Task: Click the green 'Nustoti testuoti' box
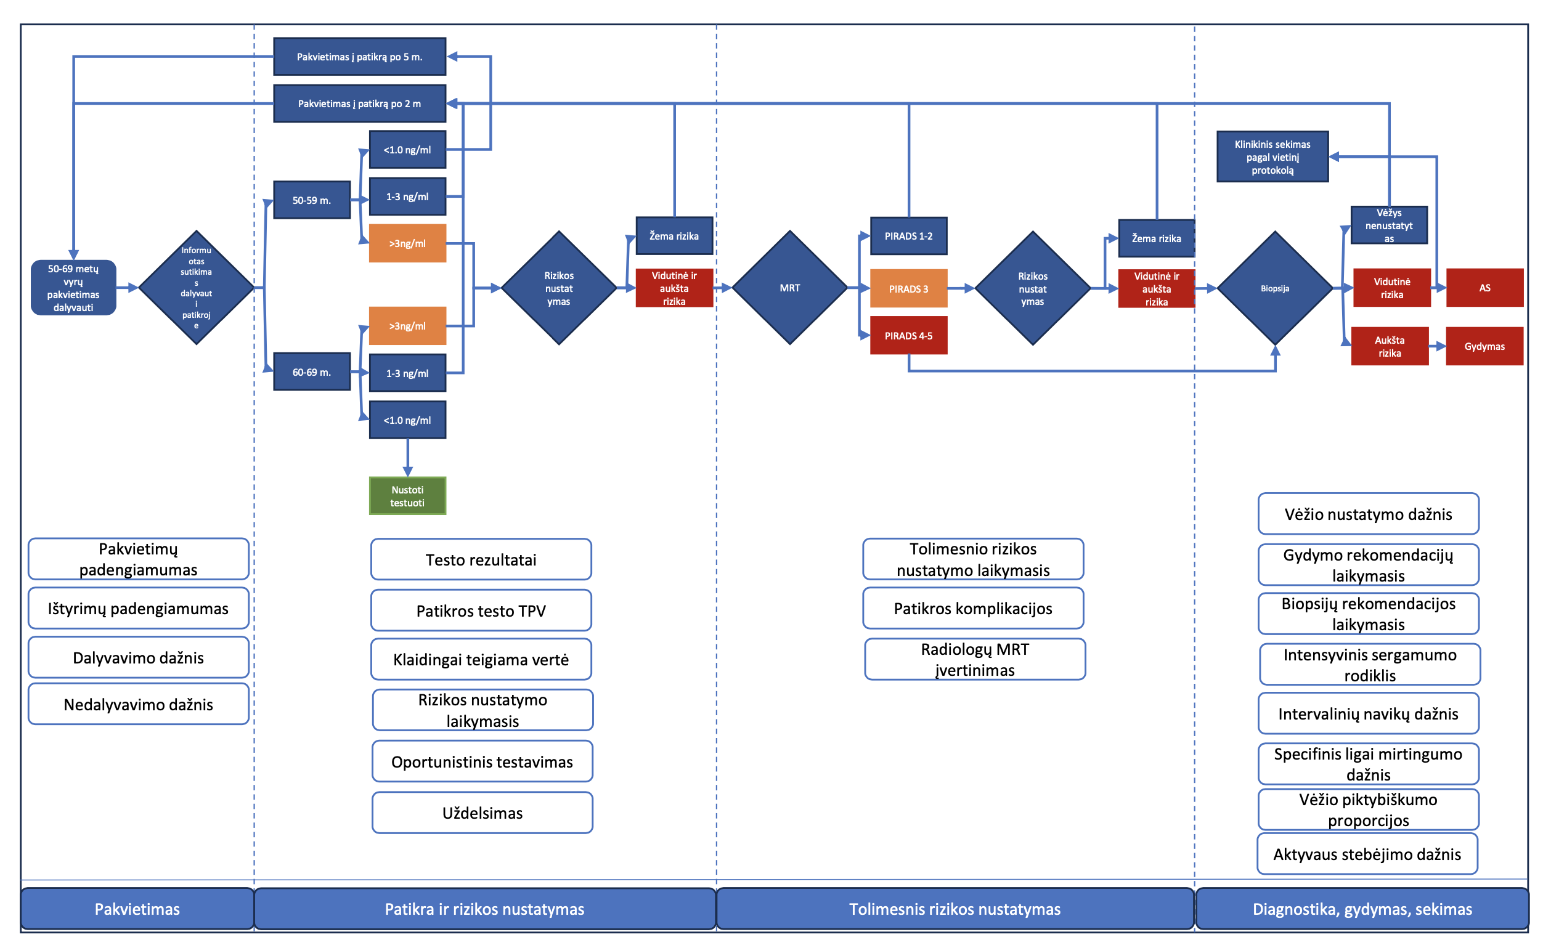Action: pyautogui.click(x=407, y=496)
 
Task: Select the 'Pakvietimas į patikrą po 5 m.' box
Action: pyautogui.click(x=359, y=56)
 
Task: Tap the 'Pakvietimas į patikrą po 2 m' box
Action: pyautogui.click(x=359, y=103)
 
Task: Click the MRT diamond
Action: pyautogui.click(x=789, y=288)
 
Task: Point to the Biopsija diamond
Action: pyautogui.click(x=1274, y=288)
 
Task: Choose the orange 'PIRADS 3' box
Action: pyautogui.click(x=908, y=289)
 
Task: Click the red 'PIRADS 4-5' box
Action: pyautogui.click(x=908, y=336)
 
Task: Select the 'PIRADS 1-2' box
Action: pyautogui.click(x=908, y=236)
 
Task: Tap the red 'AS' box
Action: pyautogui.click(x=1484, y=288)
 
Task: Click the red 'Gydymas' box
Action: pyautogui.click(x=1484, y=346)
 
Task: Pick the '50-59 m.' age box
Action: pyautogui.click(x=312, y=200)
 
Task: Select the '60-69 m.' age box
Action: pyautogui.click(x=312, y=372)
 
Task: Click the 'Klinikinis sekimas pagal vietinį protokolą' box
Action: pyautogui.click(x=1272, y=157)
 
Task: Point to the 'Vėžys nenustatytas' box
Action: pyautogui.click(x=1389, y=225)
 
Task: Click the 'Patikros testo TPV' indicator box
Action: pyautogui.click(x=481, y=610)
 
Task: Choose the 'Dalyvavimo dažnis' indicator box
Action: pyautogui.click(x=139, y=657)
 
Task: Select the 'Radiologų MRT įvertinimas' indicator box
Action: pyautogui.click(x=974, y=659)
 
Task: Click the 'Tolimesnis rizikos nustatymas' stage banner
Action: pyautogui.click(x=955, y=909)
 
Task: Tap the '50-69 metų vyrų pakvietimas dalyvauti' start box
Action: pyautogui.click(x=73, y=288)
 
